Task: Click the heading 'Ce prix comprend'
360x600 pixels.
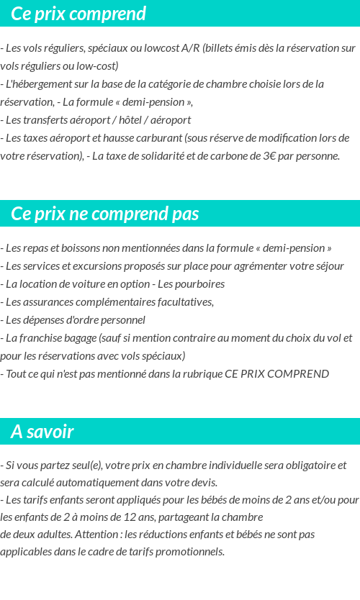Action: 78,14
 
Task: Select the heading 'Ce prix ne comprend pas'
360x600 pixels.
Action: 105,214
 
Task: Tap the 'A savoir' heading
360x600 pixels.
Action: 42,432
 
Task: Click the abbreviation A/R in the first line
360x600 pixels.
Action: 191,48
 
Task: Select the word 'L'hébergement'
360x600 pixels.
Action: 40,84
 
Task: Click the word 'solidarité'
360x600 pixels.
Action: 164,156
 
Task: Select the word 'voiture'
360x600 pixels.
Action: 76,284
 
